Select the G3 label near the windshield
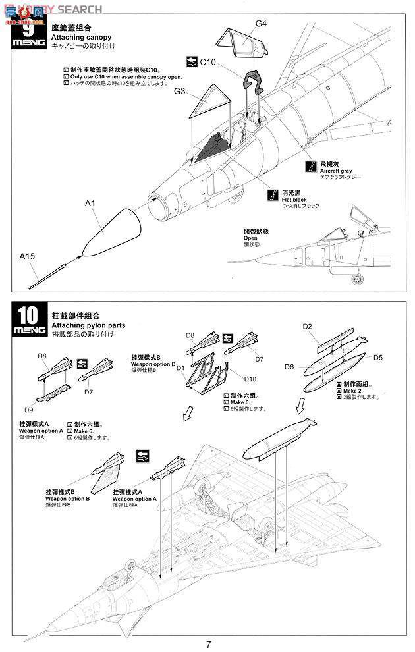tap(180, 90)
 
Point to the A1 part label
tap(90, 204)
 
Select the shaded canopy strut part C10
tap(254, 83)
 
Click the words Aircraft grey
tap(336, 171)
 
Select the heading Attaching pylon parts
tap(88, 325)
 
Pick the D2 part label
tap(307, 327)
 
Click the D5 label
tap(377, 358)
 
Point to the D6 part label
tap(289, 366)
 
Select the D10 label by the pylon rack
tap(250, 379)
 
